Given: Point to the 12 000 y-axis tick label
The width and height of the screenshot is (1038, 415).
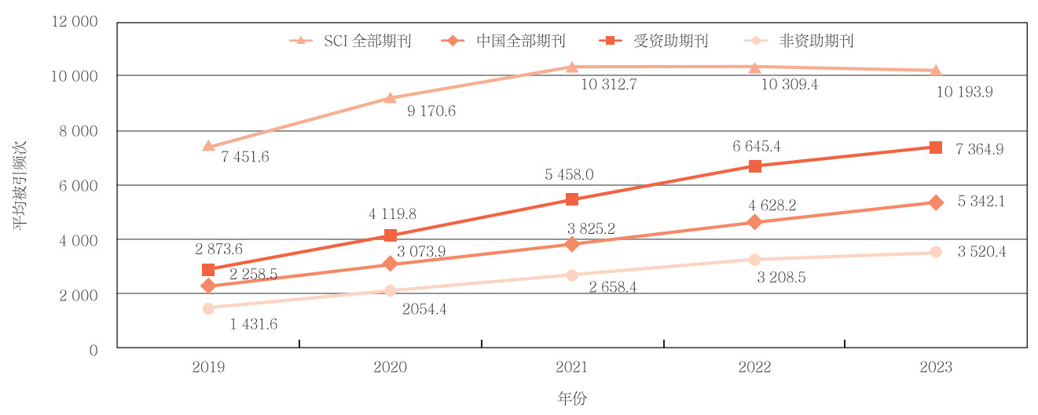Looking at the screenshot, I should point(74,22).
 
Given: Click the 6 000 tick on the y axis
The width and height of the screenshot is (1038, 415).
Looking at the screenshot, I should point(79,186).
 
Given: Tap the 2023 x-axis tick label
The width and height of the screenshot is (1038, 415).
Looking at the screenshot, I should point(935,368).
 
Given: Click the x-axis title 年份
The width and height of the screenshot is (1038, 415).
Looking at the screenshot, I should point(572,399).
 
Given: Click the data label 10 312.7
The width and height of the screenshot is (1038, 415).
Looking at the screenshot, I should point(608,85).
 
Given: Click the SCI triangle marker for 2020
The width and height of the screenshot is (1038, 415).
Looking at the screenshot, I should point(391,98).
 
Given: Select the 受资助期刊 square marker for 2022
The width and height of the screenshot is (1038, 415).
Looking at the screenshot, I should point(754,166).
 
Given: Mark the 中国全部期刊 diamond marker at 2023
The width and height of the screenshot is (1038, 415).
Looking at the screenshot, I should point(936,202).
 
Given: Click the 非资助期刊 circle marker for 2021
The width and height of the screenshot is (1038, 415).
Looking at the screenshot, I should point(572,275).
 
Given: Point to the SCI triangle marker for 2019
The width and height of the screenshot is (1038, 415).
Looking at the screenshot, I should point(208,146).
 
